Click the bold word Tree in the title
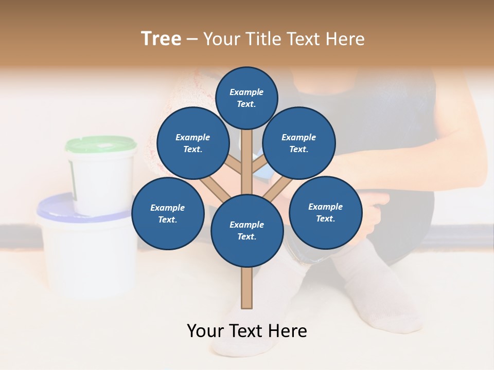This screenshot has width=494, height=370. click(x=161, y=39)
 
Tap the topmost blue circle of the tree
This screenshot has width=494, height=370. click(x=246, y=98)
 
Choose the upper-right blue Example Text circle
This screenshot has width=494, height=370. click(x=299, y=143)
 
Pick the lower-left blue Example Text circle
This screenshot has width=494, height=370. click(x=168, y=213)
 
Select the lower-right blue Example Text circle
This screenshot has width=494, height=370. click(x=325, y=212)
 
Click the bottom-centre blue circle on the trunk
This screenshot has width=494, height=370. click(x=247, y=230)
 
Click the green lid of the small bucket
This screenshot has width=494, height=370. click(x=101, y=144)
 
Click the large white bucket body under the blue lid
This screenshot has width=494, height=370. click(x=85, y=257)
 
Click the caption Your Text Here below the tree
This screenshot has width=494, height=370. click(x=247, y=331)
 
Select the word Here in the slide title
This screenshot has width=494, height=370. click(x=344, y=39)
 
